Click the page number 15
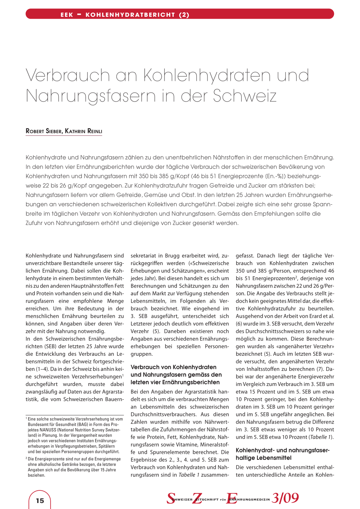[x=40, y=501]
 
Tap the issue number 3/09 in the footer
[x=285, y=498]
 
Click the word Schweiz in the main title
[x=245, y=96]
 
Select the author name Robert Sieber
[x=44, y=131]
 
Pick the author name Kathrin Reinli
[x=84, y=131]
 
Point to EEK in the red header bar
[x=67, y=15]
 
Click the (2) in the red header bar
[x=184, y=15]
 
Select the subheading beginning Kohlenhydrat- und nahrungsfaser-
[x=283, y=450]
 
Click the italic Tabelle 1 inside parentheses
[x=320, y=437]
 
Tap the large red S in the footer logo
[x=171, y=498]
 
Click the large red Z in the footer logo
[x=197, y=498]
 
